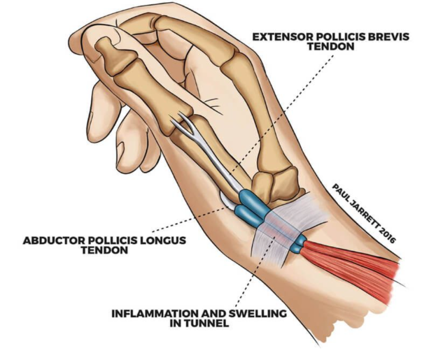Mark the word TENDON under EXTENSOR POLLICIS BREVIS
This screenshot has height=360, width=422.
tap(331, 47)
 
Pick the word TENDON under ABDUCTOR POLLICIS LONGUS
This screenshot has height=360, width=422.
tap(104, 250)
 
